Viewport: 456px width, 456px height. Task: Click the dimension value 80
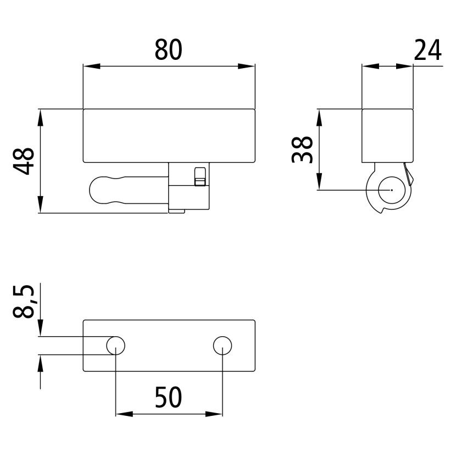tap(168, 50)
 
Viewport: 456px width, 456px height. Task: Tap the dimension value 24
tap(427, 51)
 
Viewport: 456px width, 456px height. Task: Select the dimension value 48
tap(24, 161)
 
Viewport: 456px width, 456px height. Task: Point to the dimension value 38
tap(302, 149)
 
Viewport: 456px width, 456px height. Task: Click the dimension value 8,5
tap(24, 301)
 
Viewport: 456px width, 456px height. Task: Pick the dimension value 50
tap(168, 397)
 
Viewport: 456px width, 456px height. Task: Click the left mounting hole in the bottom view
tap(116, 346)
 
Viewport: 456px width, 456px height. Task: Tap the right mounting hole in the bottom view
tap(223, 346)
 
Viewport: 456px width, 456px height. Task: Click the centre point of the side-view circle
tap(392, 190)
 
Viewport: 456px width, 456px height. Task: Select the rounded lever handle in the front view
tap(129, 190)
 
